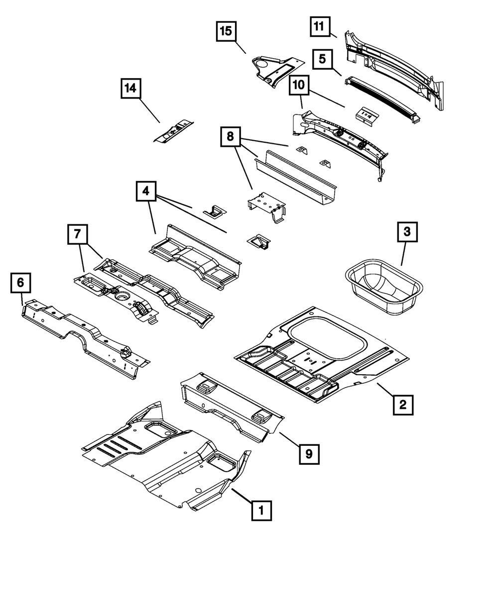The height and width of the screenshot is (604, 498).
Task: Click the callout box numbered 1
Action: click(x=261, y=510)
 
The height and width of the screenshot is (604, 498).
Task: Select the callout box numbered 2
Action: click(x=403, y=404)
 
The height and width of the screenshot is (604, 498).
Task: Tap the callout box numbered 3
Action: click(x=407, y=232)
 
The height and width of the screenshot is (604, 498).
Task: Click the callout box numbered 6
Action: click(x=20, y=283)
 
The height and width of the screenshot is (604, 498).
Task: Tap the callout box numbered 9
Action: click(x=309, y=453)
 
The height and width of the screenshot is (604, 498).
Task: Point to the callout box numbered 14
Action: click(x=130, y=89)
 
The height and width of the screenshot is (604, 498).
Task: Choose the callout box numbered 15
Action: click(x=226, y=31)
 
